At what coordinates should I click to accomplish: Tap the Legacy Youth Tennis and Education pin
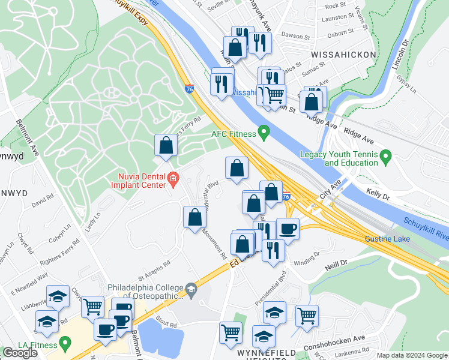[x=386, y=158]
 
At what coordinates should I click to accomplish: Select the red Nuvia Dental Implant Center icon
[x=173, y=178]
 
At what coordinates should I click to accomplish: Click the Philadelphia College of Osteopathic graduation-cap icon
[x=191, y=290]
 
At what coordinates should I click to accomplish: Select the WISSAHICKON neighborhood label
[x=343, y=55]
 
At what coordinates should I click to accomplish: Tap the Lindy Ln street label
[x=92, y=217]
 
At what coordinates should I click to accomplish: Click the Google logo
[x=20, y=352]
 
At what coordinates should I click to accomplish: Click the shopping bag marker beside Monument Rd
[x=194, y=217]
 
